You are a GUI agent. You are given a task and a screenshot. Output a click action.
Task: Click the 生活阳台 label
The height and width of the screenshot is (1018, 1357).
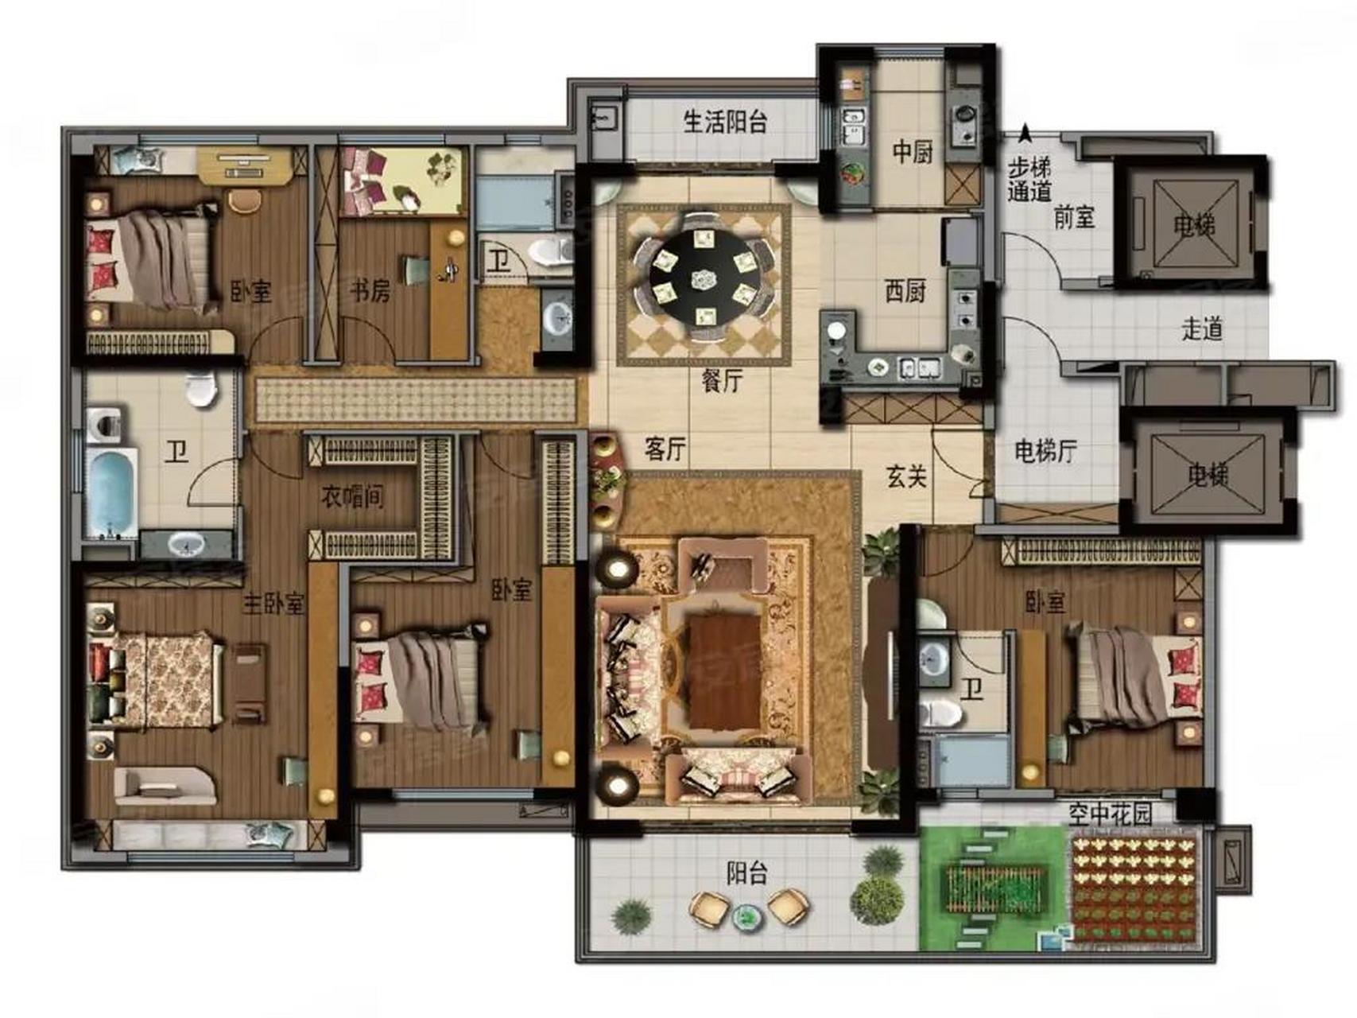[x=725, y=122]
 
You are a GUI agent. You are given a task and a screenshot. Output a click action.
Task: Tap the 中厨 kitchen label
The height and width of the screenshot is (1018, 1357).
[x=911, y=151]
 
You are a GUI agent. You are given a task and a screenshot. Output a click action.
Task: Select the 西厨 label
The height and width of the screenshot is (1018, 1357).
[x=905, y=291]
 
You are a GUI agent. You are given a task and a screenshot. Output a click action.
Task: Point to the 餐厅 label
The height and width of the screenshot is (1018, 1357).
[x=722, y=380]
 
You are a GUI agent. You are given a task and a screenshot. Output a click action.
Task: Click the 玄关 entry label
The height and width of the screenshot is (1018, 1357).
[x=906, y=476]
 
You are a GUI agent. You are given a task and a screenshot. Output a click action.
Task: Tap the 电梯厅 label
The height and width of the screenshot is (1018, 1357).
[x=1045, y=451]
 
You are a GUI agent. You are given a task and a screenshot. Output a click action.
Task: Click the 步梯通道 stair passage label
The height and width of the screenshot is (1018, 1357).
[x=1029, y=179]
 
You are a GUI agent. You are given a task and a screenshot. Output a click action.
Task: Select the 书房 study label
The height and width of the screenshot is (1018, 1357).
[x=370, y=291]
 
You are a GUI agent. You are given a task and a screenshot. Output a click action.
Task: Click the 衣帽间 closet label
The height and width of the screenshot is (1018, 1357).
[x=352, y=497]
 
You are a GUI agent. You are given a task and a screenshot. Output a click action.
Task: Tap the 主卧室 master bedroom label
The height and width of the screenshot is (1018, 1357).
[x=273, y=604]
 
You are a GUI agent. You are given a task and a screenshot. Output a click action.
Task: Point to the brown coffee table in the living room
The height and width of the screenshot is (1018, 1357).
[x=724, y=670]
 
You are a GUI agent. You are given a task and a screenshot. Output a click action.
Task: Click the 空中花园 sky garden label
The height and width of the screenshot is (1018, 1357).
[x=1110, y=814]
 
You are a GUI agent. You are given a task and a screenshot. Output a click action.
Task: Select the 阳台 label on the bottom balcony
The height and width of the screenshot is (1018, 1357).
[x=746, y=873]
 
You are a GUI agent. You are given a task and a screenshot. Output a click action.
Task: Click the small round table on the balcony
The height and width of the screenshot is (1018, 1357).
[x=746, y=917]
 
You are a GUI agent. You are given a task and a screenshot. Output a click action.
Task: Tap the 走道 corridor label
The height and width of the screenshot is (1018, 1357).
[x=1201, y=328]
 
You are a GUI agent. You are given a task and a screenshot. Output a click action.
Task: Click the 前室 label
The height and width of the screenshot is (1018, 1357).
[x=1074, y=216]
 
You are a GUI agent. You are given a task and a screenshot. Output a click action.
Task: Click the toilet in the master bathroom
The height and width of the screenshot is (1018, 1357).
[x=202, y=389]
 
